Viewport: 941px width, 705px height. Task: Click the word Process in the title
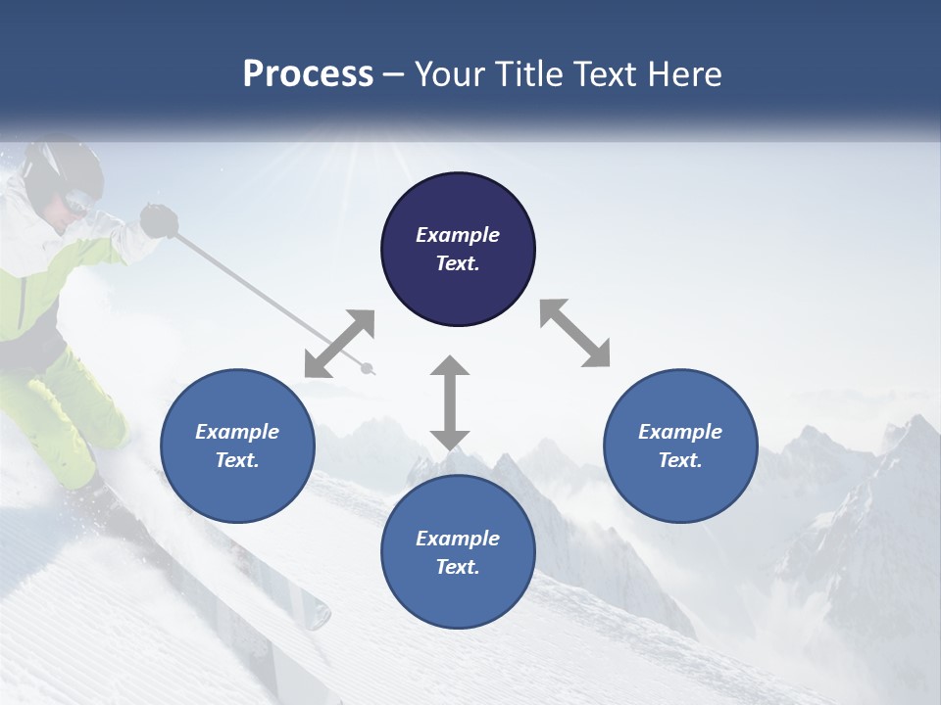[x=308, y=74]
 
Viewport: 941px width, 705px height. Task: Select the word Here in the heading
[x=684, y=74]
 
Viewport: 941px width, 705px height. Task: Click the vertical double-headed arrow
[x=450, y=402]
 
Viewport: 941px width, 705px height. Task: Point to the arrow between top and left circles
[x=339, y=344]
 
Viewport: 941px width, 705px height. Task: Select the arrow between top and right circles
[x=574, y=333]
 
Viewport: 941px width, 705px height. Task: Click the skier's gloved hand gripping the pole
[x=158, y=220]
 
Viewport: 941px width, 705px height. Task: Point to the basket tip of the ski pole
[x=368, y=368]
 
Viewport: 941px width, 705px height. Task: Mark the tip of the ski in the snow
[x=320, y=614]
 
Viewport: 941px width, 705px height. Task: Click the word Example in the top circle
[x=458, y=235]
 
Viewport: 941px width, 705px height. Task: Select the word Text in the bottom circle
[x=458, y=567]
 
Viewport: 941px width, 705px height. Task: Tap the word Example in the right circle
[x=680, y=432]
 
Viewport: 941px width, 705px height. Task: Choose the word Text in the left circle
[x=237, y=460]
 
